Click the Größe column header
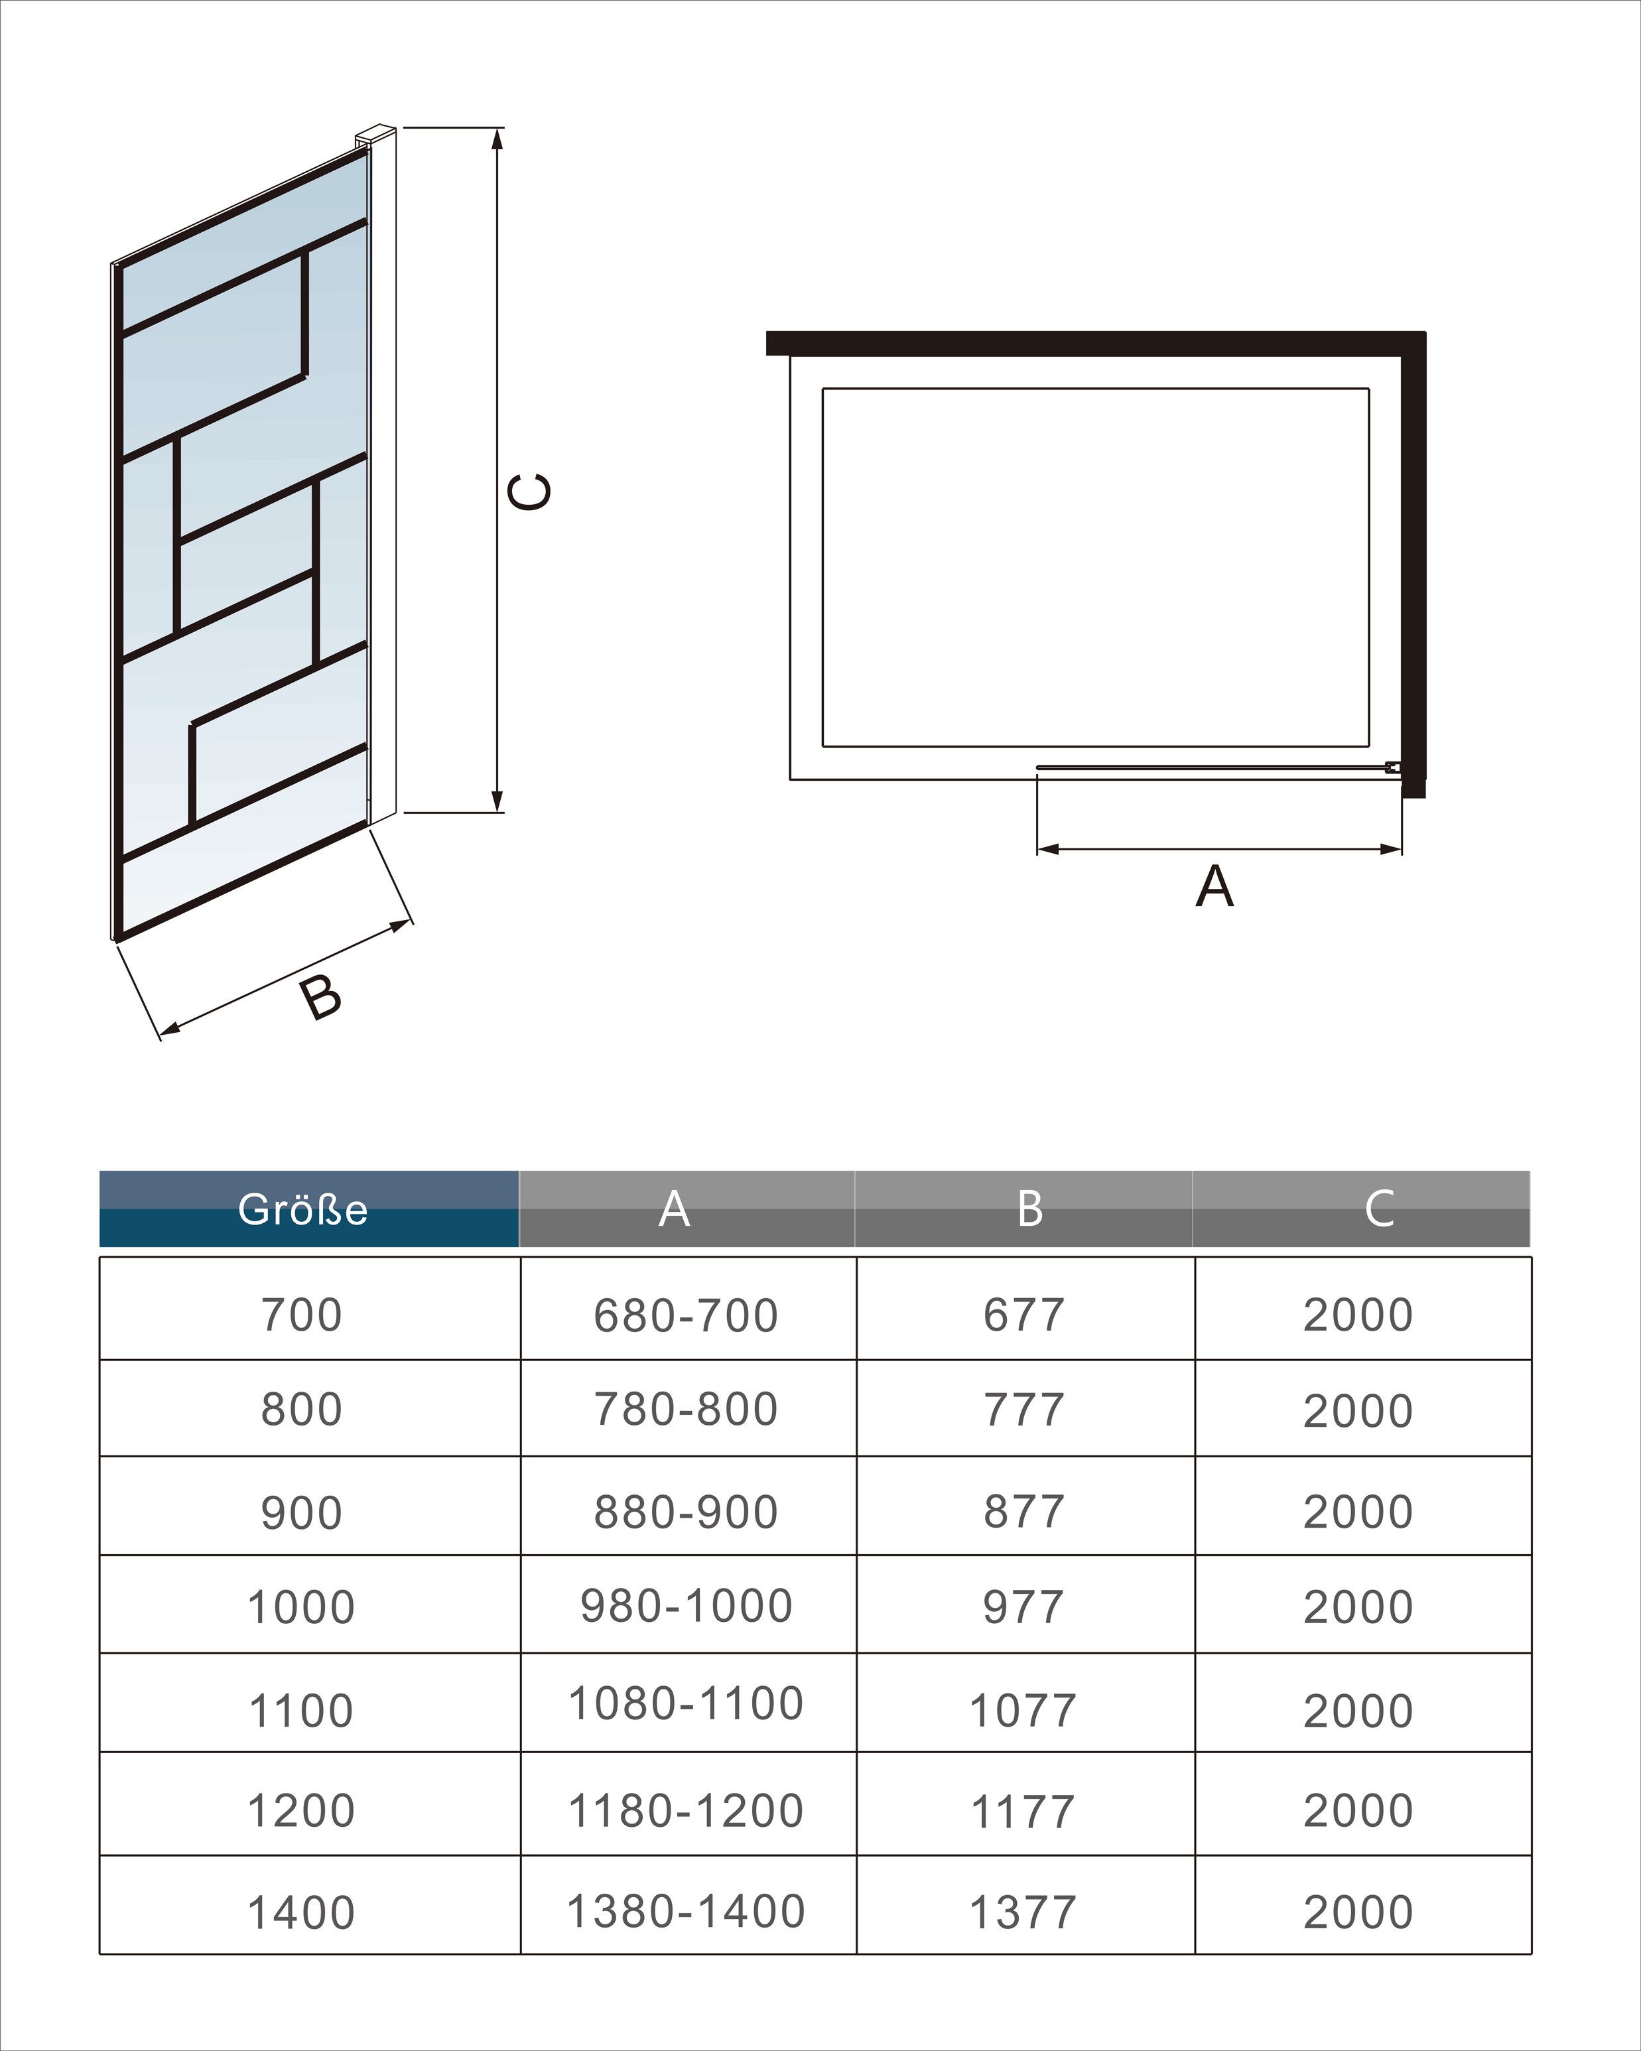tap(302, 1209)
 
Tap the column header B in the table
tap(1029, 1209)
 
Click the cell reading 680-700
tap(686, 1315)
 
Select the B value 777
tap(1023, 1410)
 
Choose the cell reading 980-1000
tap(686, 1607)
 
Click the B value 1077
tap(1023, 1711)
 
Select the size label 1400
tap(302, 1913)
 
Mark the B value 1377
tap(1023, 1913)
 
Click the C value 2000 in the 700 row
tap(1358, 1315)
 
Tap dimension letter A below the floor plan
tap(1214, 887)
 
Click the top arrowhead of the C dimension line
tap(497, 138)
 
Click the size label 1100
tap(302, 1711)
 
